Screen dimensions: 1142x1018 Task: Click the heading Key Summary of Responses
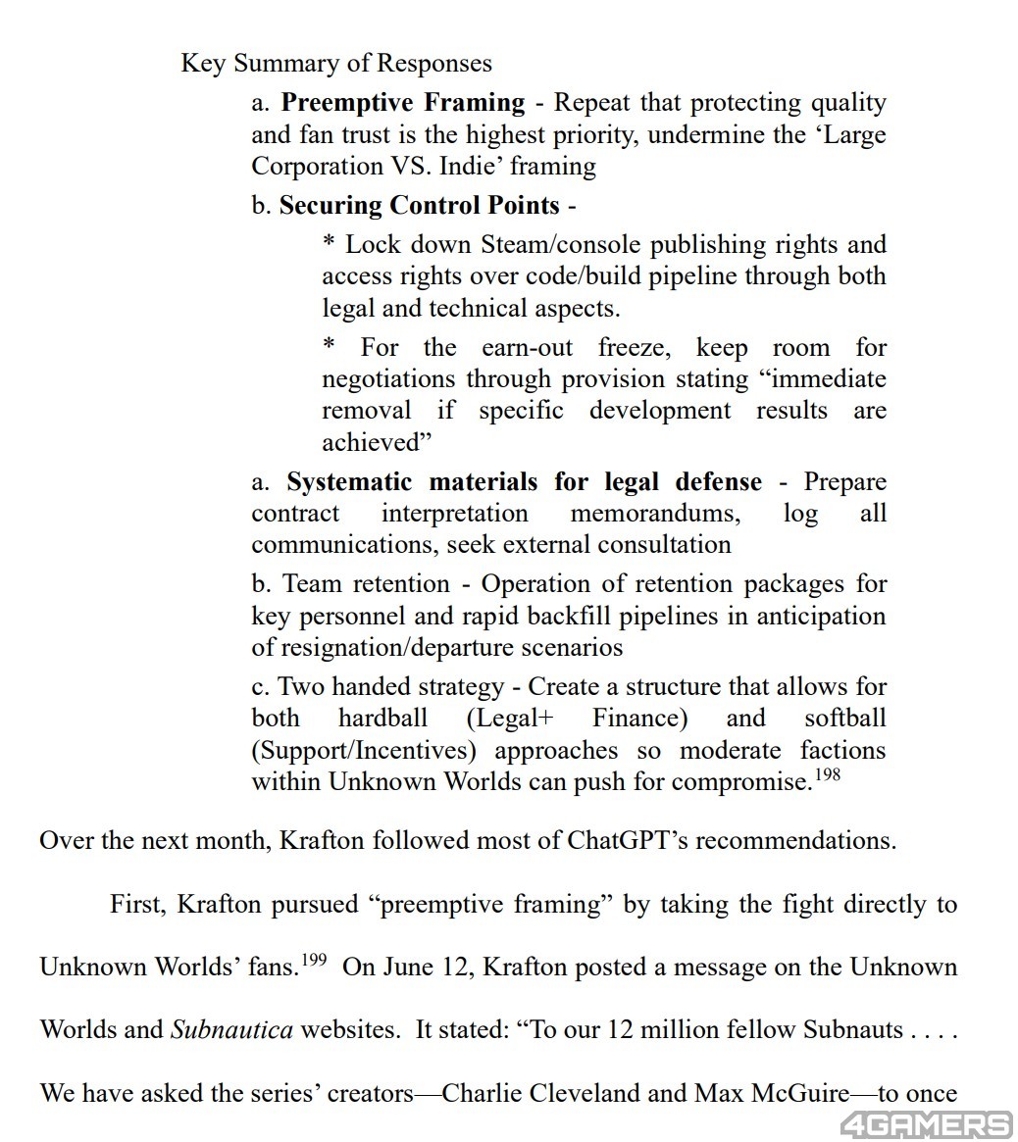[x=336, y=64]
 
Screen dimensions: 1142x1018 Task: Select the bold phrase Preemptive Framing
[x=403, y=103]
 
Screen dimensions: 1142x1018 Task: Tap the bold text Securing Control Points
[x=420, y=206]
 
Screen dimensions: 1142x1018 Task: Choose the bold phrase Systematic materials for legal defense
[x=524, y=482]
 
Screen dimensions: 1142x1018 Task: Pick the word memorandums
[x=654, y=514]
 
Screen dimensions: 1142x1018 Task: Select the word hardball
[x=382, y=719]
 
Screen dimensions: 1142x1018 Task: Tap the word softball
[x=844, y=719]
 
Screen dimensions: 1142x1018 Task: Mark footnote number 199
[x=313, y=961]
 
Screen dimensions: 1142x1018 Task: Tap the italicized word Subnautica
[x=231, y=1030]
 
